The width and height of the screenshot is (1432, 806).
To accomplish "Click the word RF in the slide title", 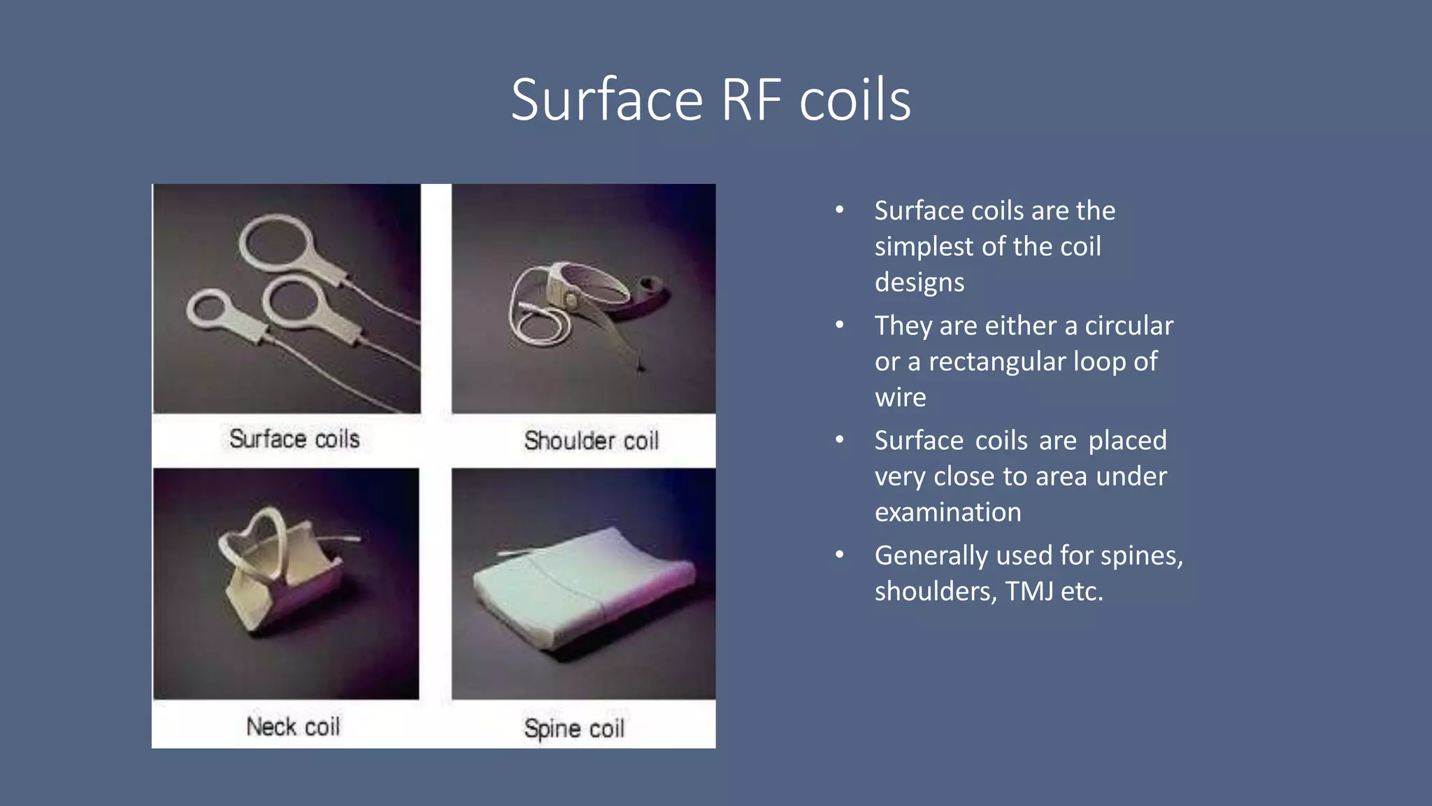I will tap(751, 100).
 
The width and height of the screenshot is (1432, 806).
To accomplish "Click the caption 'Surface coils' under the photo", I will tap(294, 439).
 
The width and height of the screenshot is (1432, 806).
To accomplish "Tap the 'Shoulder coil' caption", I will tap(591, 441).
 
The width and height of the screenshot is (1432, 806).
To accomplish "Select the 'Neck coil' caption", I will tap(293, 727).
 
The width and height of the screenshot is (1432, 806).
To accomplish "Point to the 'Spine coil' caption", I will tap(574, 728).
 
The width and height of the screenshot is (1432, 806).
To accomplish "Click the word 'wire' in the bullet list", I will tap(900, 397).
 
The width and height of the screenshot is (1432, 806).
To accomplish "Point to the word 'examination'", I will tap(947, 512).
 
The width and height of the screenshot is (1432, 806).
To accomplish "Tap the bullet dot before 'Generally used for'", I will tap(840, 555).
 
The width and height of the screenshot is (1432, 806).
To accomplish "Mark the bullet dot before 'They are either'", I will tap(840, 325).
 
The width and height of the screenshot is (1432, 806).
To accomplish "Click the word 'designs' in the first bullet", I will tap(919, 283).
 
